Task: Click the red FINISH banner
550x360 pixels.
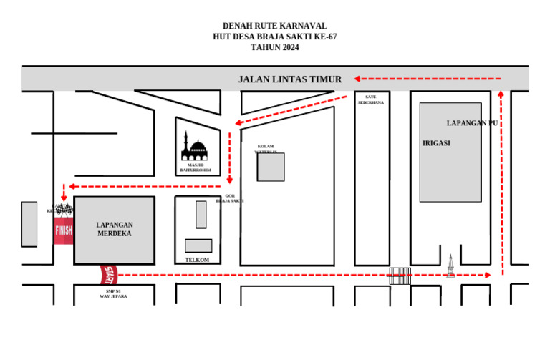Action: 64,230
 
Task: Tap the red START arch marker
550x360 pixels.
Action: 109,274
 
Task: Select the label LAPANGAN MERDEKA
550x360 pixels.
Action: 115,229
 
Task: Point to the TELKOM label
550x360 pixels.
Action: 197,260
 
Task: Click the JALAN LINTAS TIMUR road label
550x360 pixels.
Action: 290,79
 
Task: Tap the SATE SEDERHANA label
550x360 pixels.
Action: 371,99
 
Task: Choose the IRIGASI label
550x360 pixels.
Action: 436,143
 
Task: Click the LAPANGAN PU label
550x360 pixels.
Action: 472,123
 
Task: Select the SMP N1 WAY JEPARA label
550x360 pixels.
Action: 113,293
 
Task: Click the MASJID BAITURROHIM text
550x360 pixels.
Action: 194,167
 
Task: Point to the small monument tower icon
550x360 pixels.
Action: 450,266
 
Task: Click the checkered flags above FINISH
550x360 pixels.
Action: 64,210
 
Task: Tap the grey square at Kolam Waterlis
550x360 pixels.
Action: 271,167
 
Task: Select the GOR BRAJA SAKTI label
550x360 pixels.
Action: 230,198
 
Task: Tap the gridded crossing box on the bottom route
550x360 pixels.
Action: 400,276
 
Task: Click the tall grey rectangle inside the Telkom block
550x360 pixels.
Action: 201,215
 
